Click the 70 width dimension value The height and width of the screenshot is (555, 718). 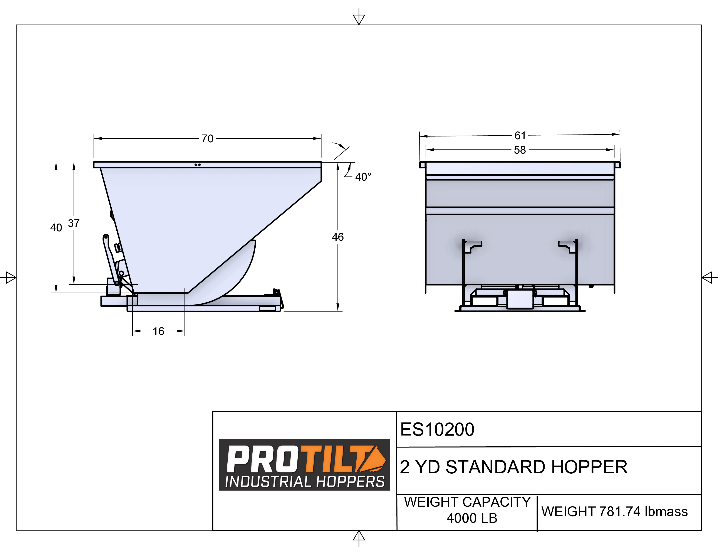(207, 139)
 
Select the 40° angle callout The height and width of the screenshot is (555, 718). (363, 177)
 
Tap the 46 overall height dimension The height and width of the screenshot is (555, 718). (338, 237)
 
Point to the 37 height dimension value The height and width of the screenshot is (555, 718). (74, 223)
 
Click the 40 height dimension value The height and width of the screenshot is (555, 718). (56, 227)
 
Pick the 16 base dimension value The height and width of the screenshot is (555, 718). (158, 331)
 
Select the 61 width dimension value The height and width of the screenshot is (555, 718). (520, 135)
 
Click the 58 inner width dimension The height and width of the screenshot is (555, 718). (520, 150)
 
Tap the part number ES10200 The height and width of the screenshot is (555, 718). (437, 429)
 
